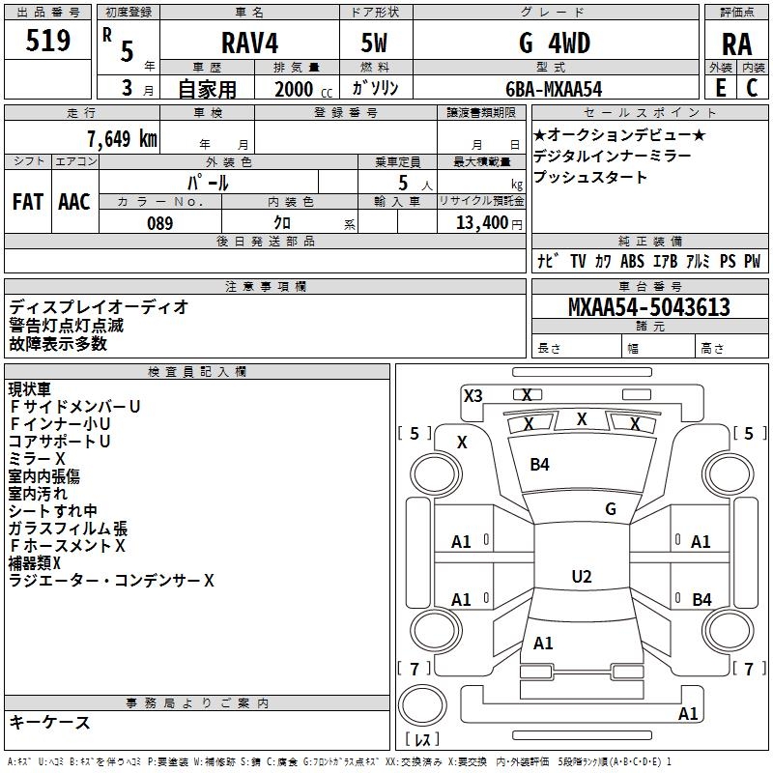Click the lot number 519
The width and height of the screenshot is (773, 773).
[x=49, y=42]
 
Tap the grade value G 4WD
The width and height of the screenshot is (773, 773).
[x=555, y=43]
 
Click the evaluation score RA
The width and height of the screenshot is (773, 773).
[x=736, y=44]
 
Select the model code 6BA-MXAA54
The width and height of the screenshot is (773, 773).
[x=554, y=89]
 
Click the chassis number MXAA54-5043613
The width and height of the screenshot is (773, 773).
[x=648, y=307]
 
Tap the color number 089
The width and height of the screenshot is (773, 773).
[x=159, y=223]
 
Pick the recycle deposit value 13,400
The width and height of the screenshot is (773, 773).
[x=482, y=223]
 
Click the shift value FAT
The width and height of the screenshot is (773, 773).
[x=28, y=202]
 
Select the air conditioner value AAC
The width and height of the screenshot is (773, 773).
[x=74, y=202]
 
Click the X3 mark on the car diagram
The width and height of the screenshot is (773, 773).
[x=473, y=395]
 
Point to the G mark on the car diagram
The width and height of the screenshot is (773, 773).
[x=611, y=509]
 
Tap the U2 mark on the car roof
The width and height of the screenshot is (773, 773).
[x=582, y=577]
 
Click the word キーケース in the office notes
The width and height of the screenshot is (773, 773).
[x=50, y=722]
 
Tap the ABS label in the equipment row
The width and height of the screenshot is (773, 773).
[x=632, y=261]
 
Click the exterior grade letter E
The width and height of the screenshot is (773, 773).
[x=720, y=88]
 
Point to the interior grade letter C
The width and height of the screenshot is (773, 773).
[x=752, y=88]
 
